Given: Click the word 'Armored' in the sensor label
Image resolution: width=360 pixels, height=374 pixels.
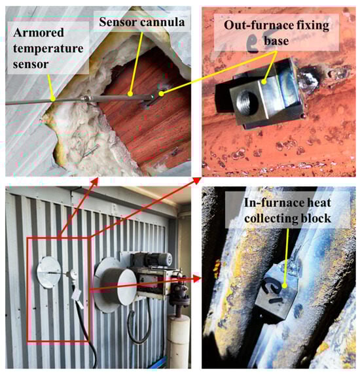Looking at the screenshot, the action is [39, 33].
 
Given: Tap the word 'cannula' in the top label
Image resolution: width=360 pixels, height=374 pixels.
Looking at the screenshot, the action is [162, 22].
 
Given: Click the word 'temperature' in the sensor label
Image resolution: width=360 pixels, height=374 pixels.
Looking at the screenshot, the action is [48, 48].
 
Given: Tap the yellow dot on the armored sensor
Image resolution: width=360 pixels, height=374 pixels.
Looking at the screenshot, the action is [53, 99].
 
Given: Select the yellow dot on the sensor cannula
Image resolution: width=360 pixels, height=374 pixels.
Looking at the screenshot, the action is [130, 93].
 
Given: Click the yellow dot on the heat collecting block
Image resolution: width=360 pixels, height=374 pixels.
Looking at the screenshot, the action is [284, 285].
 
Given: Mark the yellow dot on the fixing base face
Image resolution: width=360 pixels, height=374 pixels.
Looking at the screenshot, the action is [264, 82].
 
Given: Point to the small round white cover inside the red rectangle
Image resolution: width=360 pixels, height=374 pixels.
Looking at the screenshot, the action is [72, 275].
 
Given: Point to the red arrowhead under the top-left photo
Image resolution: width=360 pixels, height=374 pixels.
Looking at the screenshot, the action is [95, 181].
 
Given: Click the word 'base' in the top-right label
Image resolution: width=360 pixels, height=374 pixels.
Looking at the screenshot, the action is [276, 41].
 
